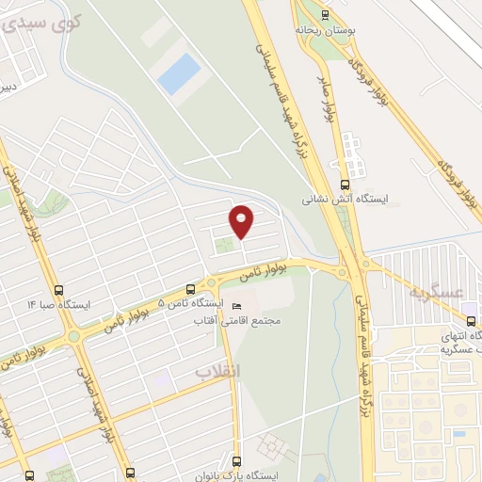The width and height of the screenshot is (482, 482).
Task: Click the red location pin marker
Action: click(242, 220)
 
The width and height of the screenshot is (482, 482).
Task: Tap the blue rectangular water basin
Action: click(179, 73)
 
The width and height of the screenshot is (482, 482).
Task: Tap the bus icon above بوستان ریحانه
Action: click(326, 14)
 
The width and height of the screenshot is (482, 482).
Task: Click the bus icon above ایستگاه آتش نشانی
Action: click(345, 185)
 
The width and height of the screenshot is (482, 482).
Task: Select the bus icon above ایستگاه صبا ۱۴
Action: click(60, 290)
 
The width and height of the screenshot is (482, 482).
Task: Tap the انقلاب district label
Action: click(218, 372)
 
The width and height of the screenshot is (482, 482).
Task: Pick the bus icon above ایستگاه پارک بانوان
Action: click(235, 461)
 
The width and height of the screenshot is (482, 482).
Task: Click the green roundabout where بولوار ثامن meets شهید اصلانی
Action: click(72, 336)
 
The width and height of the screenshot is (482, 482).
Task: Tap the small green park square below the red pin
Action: click(224, 248)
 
